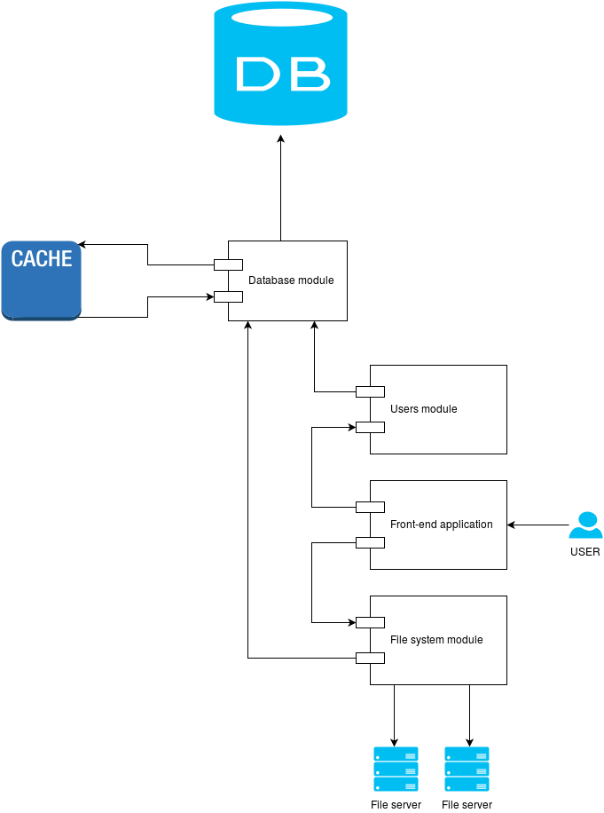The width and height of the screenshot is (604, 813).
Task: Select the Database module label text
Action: tap(291, 280)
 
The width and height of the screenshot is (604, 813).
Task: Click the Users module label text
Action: tap(424, 409)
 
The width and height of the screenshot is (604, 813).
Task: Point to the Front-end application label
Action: tap(442, 525)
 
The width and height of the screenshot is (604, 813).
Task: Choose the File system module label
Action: tap(436, 640)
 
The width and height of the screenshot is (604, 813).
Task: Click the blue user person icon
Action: tap(585, 525)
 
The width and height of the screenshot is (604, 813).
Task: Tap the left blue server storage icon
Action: tap(396, 769)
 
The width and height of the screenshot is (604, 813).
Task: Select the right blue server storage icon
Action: tap(467, 769)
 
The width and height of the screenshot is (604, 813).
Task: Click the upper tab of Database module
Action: tap(228, 264)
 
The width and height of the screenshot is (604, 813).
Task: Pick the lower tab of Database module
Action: tap(228, 296)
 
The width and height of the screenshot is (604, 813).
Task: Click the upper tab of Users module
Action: tap(370, 391)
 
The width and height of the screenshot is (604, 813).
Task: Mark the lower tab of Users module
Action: tap(370, 427)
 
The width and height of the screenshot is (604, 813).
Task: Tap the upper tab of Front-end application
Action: tap(370, 507)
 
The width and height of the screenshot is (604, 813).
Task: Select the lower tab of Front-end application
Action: tap(370, 542)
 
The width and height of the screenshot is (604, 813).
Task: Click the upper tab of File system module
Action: tap(370, 622)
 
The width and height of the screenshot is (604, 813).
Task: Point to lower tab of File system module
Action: tap(370, 658)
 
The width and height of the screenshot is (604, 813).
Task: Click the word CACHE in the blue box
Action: tap(42, 259)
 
